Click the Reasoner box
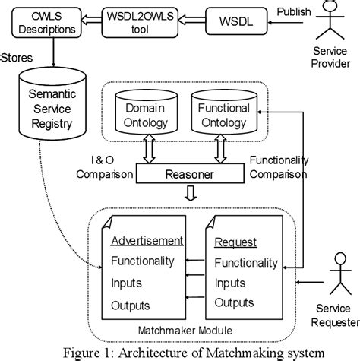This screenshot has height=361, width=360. click(x=191, y=175)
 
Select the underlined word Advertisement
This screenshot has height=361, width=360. click(x=147, y=242)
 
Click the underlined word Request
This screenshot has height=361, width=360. click(x=235, y=243)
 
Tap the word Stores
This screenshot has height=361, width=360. click(x=17, y=58)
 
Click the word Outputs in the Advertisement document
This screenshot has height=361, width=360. click(x=131, y=306)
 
